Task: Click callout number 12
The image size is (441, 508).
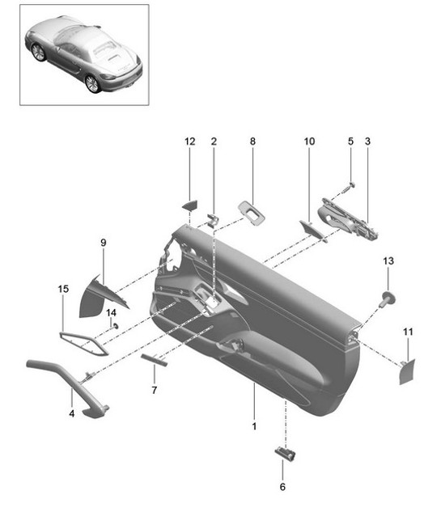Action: click(x=189, y=142)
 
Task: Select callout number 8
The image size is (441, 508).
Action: click(x=252, y=142)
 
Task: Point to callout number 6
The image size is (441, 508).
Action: click(x=282, y=487)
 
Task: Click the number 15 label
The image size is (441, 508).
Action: click(x=64, y=289)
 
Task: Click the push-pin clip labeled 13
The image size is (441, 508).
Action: click(x=387, y=299)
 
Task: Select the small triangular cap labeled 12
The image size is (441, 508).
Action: click(x=191, y=205)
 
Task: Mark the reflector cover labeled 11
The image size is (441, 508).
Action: click(x=407, y=371)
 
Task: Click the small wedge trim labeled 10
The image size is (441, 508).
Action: click(x=311, y=230)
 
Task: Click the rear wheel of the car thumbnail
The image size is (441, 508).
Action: click(x=93, y=83)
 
